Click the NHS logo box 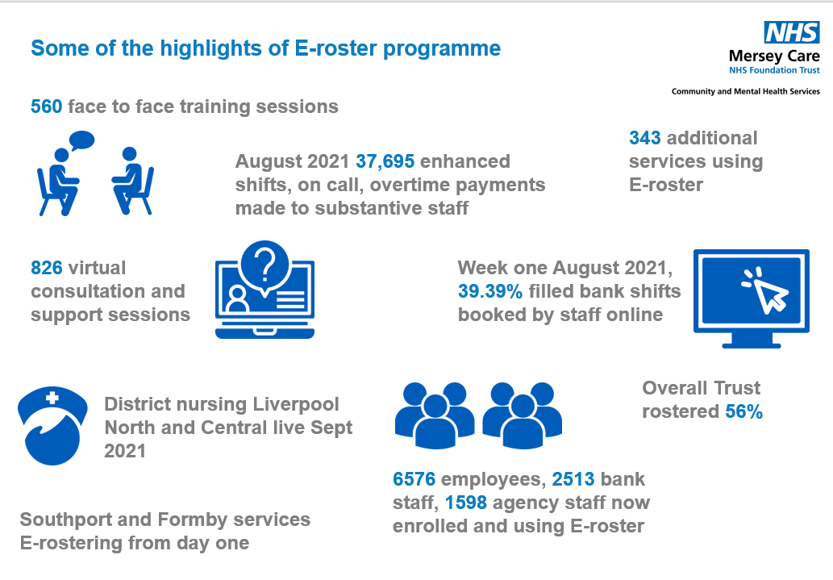(x=792, y=32)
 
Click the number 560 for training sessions (x=46, y=106)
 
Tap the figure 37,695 (x=385, y=161)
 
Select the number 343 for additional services (x=645, y=138)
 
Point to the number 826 (x=46, y=267)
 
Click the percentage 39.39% (x=489, y=290)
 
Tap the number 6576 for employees (x=414, y=479)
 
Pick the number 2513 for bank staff (x=573, y=479)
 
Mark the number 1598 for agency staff (x=466, y=503)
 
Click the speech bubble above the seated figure (x=81, y=140)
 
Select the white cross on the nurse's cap (x=52, y=397)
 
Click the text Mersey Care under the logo (x=774, y=56)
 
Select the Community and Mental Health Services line (x=745, y=91)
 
